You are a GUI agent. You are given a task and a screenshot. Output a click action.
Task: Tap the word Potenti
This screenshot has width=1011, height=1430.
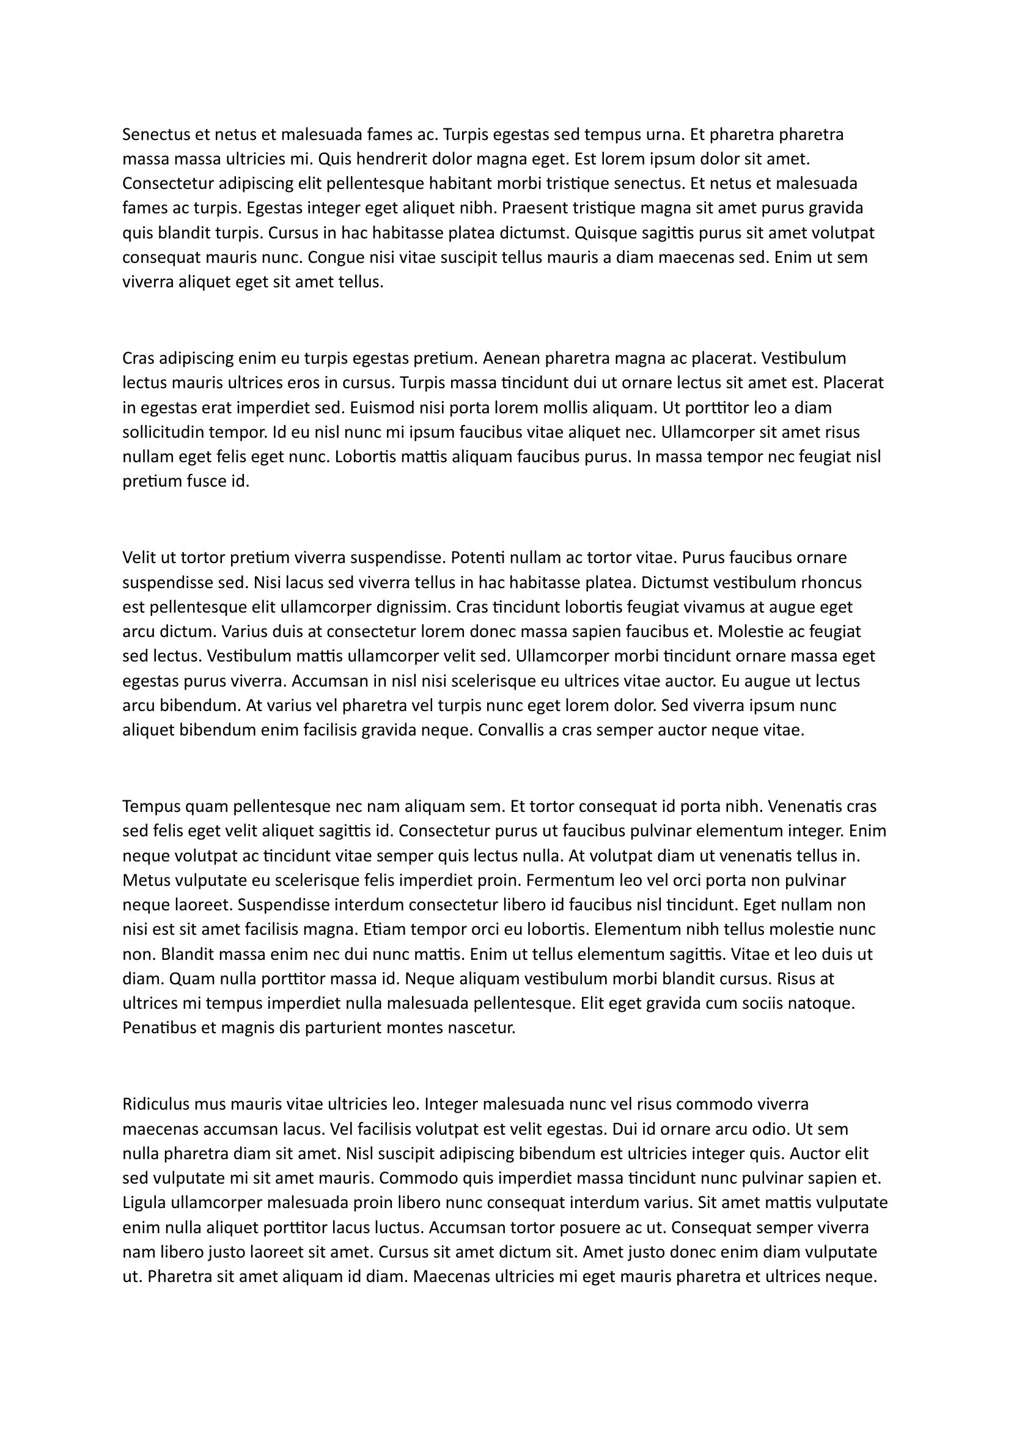(477, 558)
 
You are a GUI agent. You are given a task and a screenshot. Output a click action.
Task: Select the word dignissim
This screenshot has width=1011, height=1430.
(412, 606)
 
